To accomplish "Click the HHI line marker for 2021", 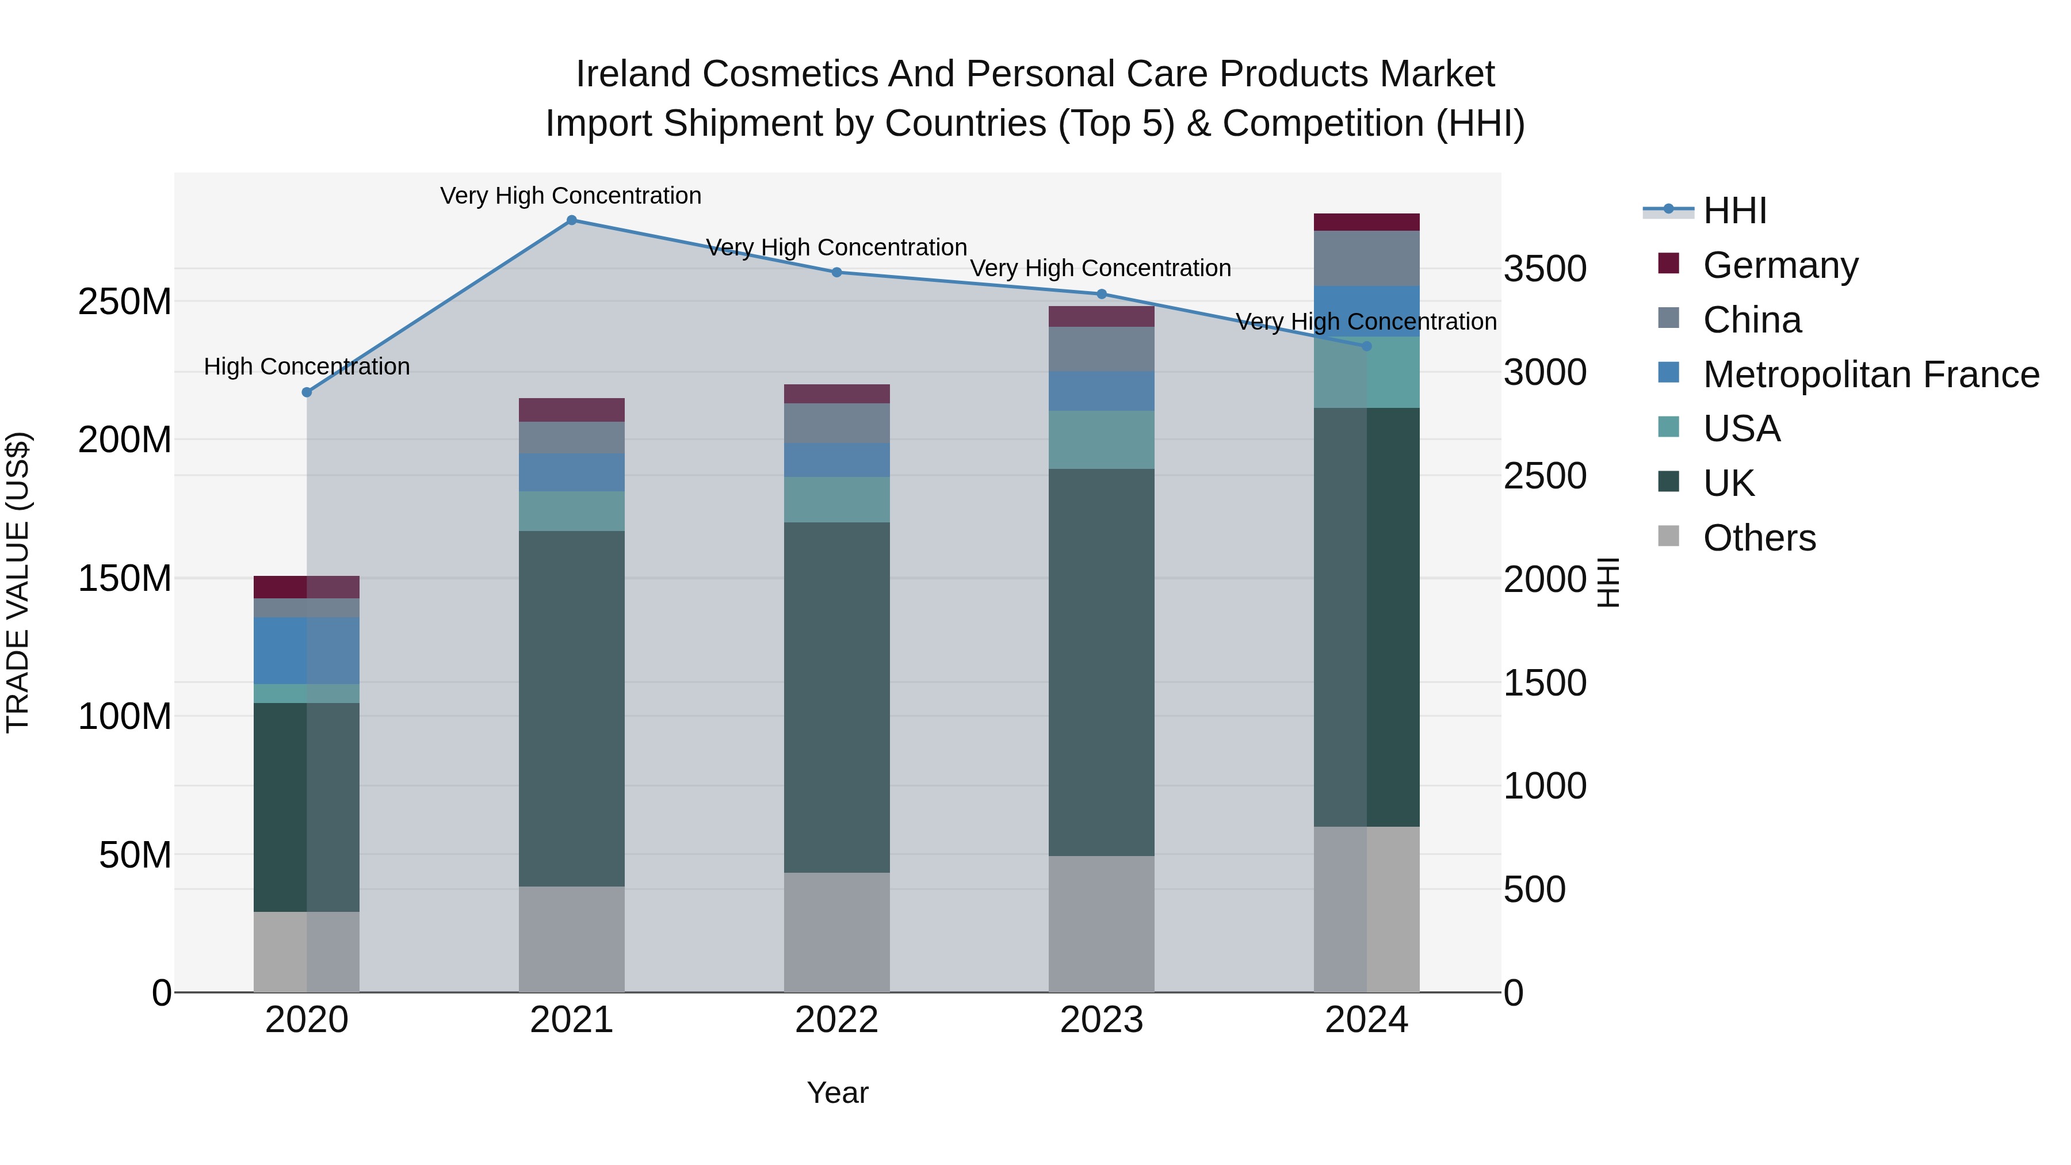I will point(572,220).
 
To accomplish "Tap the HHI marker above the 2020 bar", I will point(306,392).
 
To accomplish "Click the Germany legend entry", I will point(1780,265).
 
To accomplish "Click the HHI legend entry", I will point(1734,211).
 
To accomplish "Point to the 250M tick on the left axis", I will point(125,302).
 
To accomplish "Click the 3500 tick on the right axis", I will point(1545,269).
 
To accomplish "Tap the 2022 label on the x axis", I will point(836,1020).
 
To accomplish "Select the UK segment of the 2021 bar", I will point(572,708).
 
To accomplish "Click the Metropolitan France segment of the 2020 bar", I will point(306,651).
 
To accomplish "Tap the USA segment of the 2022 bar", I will point(836,499).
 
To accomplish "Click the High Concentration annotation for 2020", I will point(306,366).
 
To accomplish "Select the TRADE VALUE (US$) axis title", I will point(18,582).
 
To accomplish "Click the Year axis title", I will point(837,1093).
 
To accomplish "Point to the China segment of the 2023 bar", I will point(1102,349).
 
